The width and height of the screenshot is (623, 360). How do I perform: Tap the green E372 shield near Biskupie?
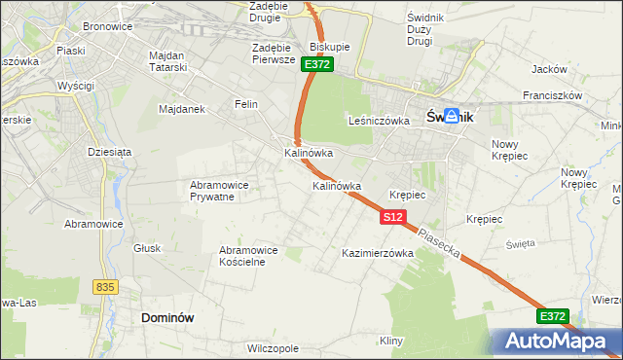pos(317,64)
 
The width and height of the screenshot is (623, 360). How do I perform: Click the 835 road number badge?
pos(106,287)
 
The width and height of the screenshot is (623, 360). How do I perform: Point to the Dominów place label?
pos(168,317)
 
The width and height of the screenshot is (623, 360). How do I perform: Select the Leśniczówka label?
pos(377,121)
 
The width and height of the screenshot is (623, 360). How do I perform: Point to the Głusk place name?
pos(147,248)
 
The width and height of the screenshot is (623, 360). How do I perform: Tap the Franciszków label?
pos(552,96)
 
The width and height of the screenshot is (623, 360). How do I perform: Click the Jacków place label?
pos(549,69)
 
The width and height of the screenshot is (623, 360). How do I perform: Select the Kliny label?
pos(391,341)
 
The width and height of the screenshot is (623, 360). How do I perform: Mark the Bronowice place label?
pos(107,26)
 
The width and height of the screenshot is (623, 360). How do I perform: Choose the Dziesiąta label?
pos(109,152)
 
